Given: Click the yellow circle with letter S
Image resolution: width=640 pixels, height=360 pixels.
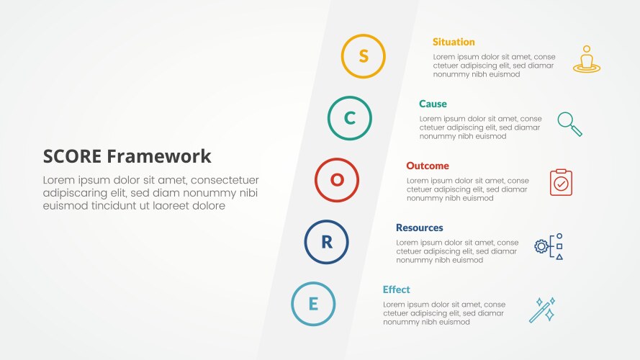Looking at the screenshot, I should pos(363,56).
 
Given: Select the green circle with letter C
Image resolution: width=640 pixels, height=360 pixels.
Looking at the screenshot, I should pos(350,118).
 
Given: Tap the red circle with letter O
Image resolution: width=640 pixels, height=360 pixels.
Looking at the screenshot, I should pos(337,180).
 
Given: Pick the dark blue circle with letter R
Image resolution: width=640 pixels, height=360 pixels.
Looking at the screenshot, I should pos(326,242).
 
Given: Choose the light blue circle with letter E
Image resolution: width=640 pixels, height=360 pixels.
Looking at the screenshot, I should pos(313,304).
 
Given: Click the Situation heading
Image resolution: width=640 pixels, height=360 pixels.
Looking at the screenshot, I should pos(454,42).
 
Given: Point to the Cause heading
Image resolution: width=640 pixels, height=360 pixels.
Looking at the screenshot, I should pos(433,104).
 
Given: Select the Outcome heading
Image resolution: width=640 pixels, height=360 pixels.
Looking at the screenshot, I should pos(427,166).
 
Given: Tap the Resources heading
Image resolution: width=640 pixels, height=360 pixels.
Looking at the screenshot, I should pos(419,228).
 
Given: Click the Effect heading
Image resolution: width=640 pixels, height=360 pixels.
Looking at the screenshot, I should pos(396,289).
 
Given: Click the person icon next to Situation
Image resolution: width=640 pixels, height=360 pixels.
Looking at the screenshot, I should pos(587,58).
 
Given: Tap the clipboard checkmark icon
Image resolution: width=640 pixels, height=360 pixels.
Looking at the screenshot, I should pos(561,182).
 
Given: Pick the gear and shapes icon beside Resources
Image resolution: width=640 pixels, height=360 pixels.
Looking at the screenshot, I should pos(549,246).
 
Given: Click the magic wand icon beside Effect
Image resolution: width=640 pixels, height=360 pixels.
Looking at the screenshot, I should pos(542,310).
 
